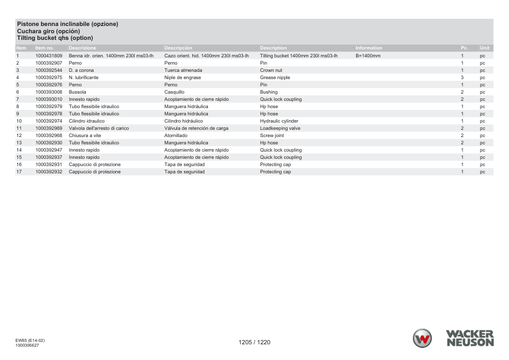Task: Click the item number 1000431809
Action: (x=49, y=56)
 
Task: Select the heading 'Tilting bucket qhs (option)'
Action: (x=55, y=38)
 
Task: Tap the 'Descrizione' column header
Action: (x=82, y=48)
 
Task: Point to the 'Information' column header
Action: (x=369, y=48)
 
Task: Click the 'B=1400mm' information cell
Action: (x=368, y=56)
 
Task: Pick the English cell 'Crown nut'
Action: (x=271, y=70)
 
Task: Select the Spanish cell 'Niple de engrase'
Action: (x=183, y=77)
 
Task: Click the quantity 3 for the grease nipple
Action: (x=462, y=77)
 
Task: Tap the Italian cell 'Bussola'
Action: (x=77, y=92)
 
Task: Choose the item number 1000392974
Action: (x=49, y=121)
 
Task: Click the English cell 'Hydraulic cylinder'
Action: (x=279, y=121)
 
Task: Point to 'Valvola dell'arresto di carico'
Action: (x=99, y=128)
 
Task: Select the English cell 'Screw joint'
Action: (x=272, y=135)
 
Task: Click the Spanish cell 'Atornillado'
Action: (x=177, y=135)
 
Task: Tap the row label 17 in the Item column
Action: (x=19, y=172)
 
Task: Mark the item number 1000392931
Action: (x=49, y=164)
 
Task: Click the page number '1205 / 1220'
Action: (x=254, y=342)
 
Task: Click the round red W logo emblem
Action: (x=423, y=338)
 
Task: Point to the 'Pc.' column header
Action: (x=464, y=48)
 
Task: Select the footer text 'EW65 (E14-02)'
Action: (x=30, y=340)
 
